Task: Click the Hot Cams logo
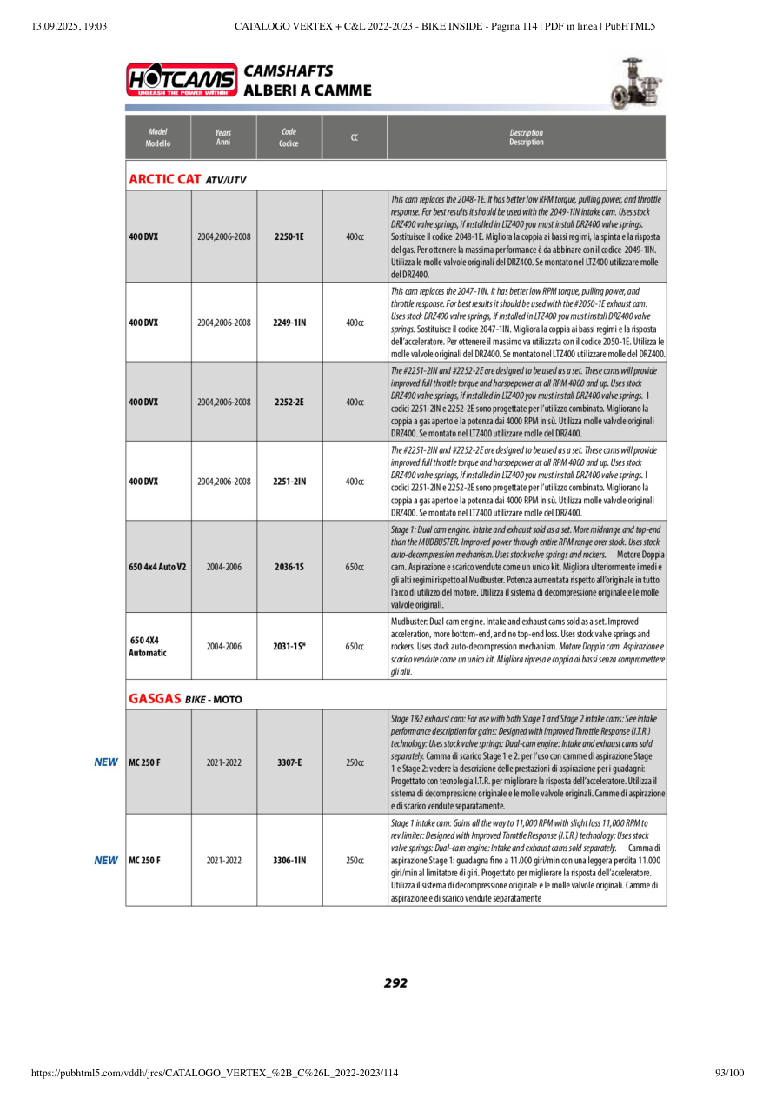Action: [182, 79]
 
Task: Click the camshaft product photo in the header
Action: [639, 83]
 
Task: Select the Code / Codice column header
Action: [289, 137]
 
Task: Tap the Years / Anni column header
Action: [223, 137]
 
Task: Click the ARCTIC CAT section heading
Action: [165, 179]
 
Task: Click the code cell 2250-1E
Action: [289, 236]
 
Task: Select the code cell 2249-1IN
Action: [289, 323]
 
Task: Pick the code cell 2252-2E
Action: [289, 403]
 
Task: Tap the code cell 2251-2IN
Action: [289, 481]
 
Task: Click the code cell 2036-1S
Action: [289, 567]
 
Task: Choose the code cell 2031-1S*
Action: [289, 647]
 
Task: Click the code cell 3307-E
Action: [289, 762]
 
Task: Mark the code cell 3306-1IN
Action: [289, 861]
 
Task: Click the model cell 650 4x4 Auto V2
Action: [157, 567]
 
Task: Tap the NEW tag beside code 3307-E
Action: [106, 762]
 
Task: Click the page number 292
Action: [395, 983]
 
